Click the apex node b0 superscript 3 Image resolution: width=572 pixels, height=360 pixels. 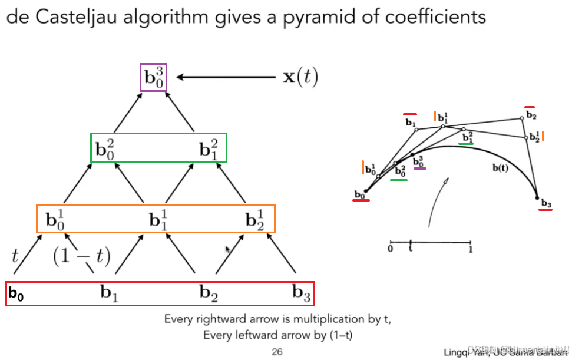pyautogui.click(x=154, y=78)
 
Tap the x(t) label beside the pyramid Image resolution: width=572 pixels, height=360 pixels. pyautogui.click(x=300, y=77)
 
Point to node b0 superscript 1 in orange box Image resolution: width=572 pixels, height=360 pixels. pyautogui.click(x=56, y=220)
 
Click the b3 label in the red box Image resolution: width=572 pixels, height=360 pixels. pyautogui.click(x=302, y=292)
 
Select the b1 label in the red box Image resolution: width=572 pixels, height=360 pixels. pyautogui.click(x=109, y=292)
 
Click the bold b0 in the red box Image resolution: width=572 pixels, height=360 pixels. pyautogui.click(x=16, y=293)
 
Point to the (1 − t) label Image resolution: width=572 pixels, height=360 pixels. pyautogui.click(x=82, y=256)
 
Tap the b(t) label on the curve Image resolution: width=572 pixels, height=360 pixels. pyautogui.click(x=501, y=168)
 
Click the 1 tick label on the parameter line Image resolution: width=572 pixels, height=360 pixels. pyautogui.click(x=469, y=249)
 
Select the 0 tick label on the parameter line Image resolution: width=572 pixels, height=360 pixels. pyautogui.click(x=391, y=249)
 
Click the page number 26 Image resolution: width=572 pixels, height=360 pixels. pyautogui.click(x=277, y=352)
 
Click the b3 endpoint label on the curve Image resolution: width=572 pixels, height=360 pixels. pyautogui.click(x=546, y=204)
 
